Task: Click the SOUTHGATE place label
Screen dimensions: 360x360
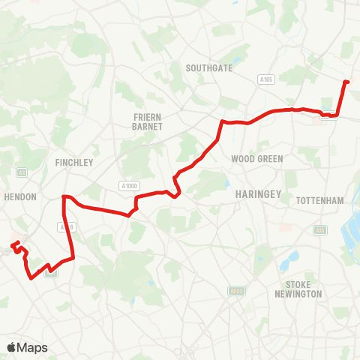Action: [209, 67]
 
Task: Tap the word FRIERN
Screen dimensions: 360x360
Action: [142, 118]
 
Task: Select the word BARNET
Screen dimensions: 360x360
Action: [142, 127]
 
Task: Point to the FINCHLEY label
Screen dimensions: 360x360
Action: [73, 162]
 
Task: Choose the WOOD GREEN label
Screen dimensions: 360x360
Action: [256, 159]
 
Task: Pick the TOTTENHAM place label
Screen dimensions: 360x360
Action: [319, 200]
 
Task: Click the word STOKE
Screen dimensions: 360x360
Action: [303, 284]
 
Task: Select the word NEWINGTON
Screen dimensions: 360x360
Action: [303, 293]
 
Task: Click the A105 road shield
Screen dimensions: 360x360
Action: [264, 79]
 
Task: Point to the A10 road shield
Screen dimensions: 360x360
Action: [320, 230]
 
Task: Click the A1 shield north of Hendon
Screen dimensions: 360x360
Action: [21, 172]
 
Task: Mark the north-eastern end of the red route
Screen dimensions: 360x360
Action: [346, 82]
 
